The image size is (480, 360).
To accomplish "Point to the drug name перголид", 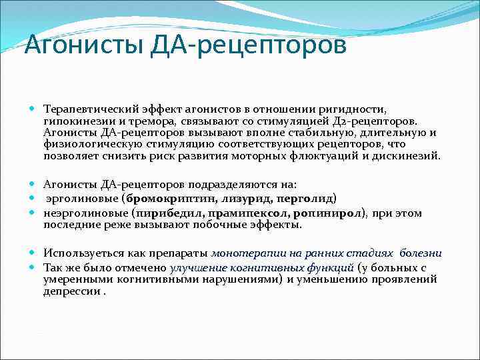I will tap(305, 199).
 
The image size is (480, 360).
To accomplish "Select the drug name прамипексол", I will tap(243, 213).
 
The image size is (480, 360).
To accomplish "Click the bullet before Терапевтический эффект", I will tap(33, 108).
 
